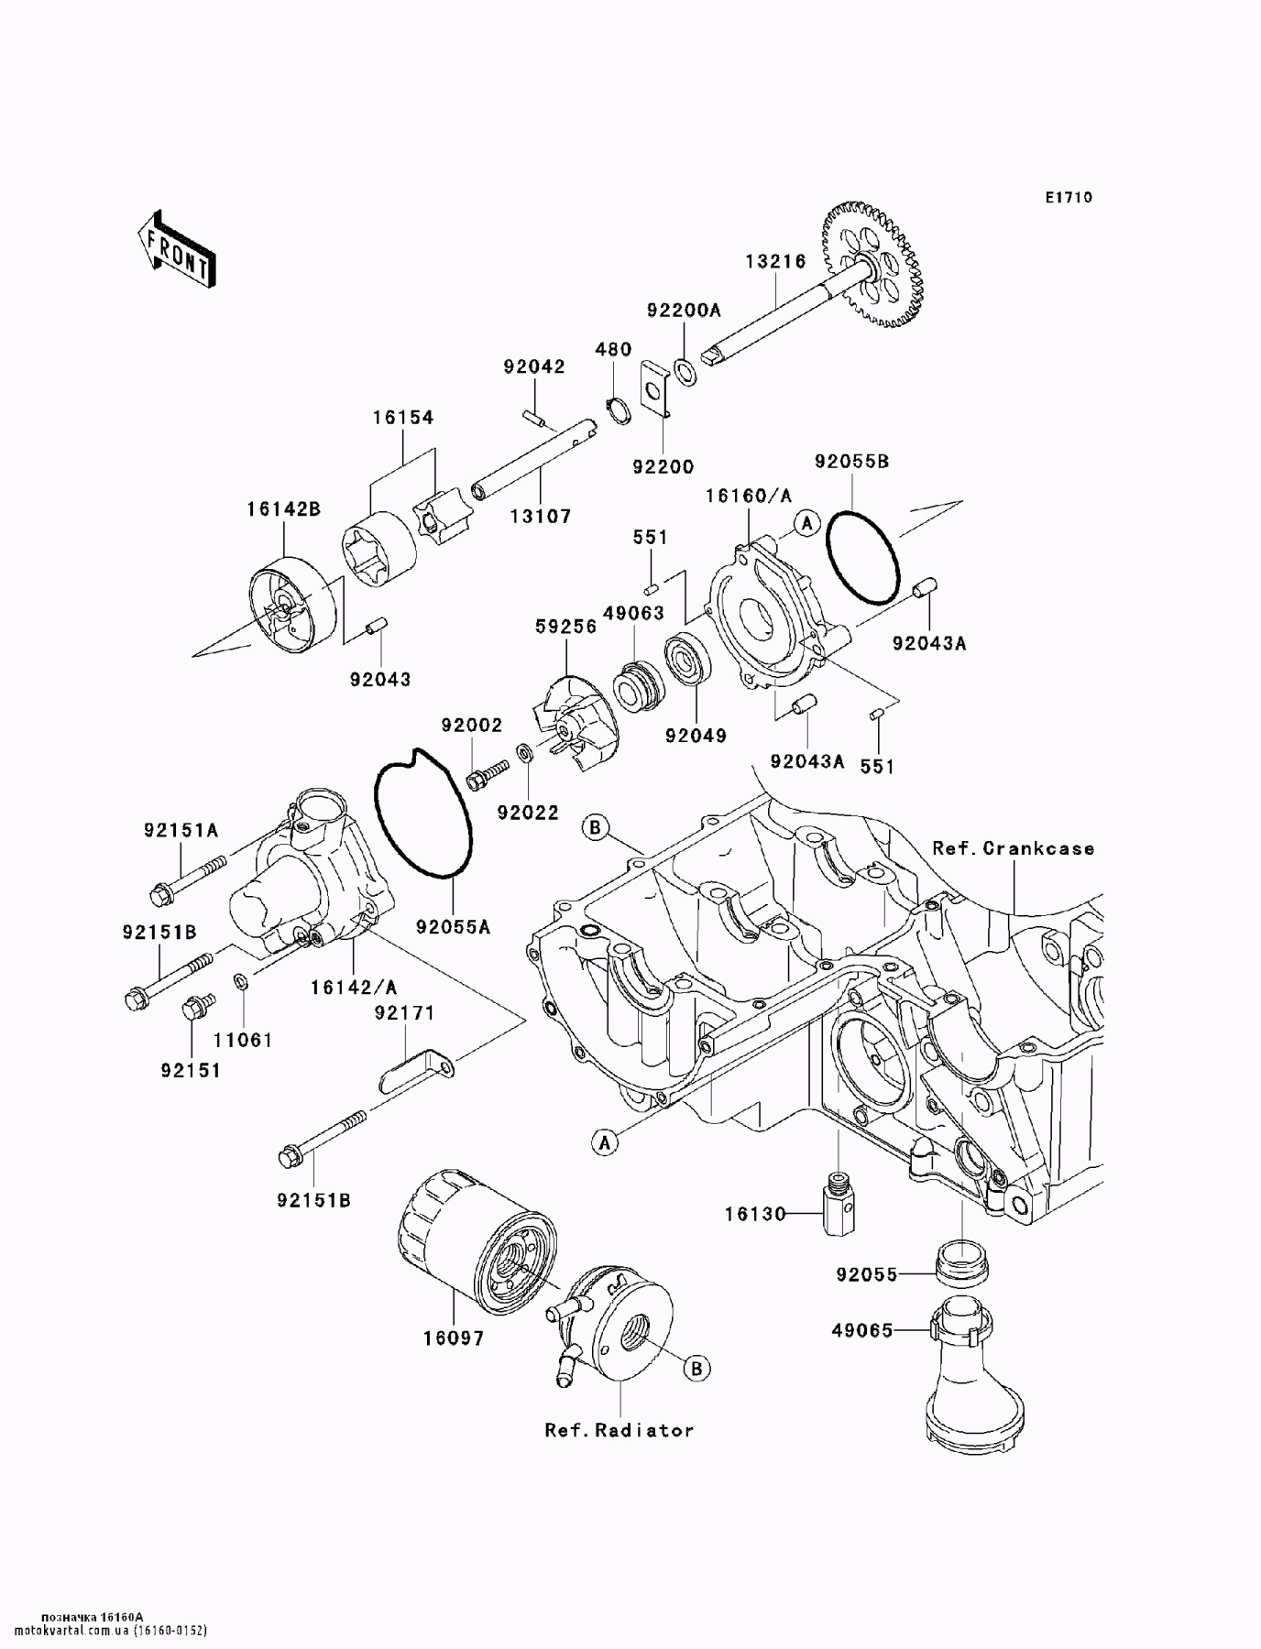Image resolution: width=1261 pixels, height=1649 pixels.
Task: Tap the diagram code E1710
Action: click(x=1068, y=197)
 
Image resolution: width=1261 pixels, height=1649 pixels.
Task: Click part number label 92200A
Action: click(x=684, y=311)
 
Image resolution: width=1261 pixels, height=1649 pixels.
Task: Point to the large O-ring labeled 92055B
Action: click(x=861, y=559)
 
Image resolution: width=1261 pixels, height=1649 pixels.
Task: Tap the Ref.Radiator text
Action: click(x=619, y=1430)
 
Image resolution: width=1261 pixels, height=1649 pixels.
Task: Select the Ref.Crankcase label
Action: click(x=1014, y=848)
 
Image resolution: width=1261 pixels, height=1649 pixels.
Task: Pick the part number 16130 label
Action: click(x=755, y=1214)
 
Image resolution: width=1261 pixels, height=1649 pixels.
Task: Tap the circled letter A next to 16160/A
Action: click(x=806, y=523)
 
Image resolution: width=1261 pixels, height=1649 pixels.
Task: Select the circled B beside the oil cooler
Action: click(x=696, y=1368)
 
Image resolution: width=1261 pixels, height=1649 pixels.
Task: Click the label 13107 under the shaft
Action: click(x=541, y=517)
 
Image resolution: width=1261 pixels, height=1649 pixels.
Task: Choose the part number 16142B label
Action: click(x=283, y=508)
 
